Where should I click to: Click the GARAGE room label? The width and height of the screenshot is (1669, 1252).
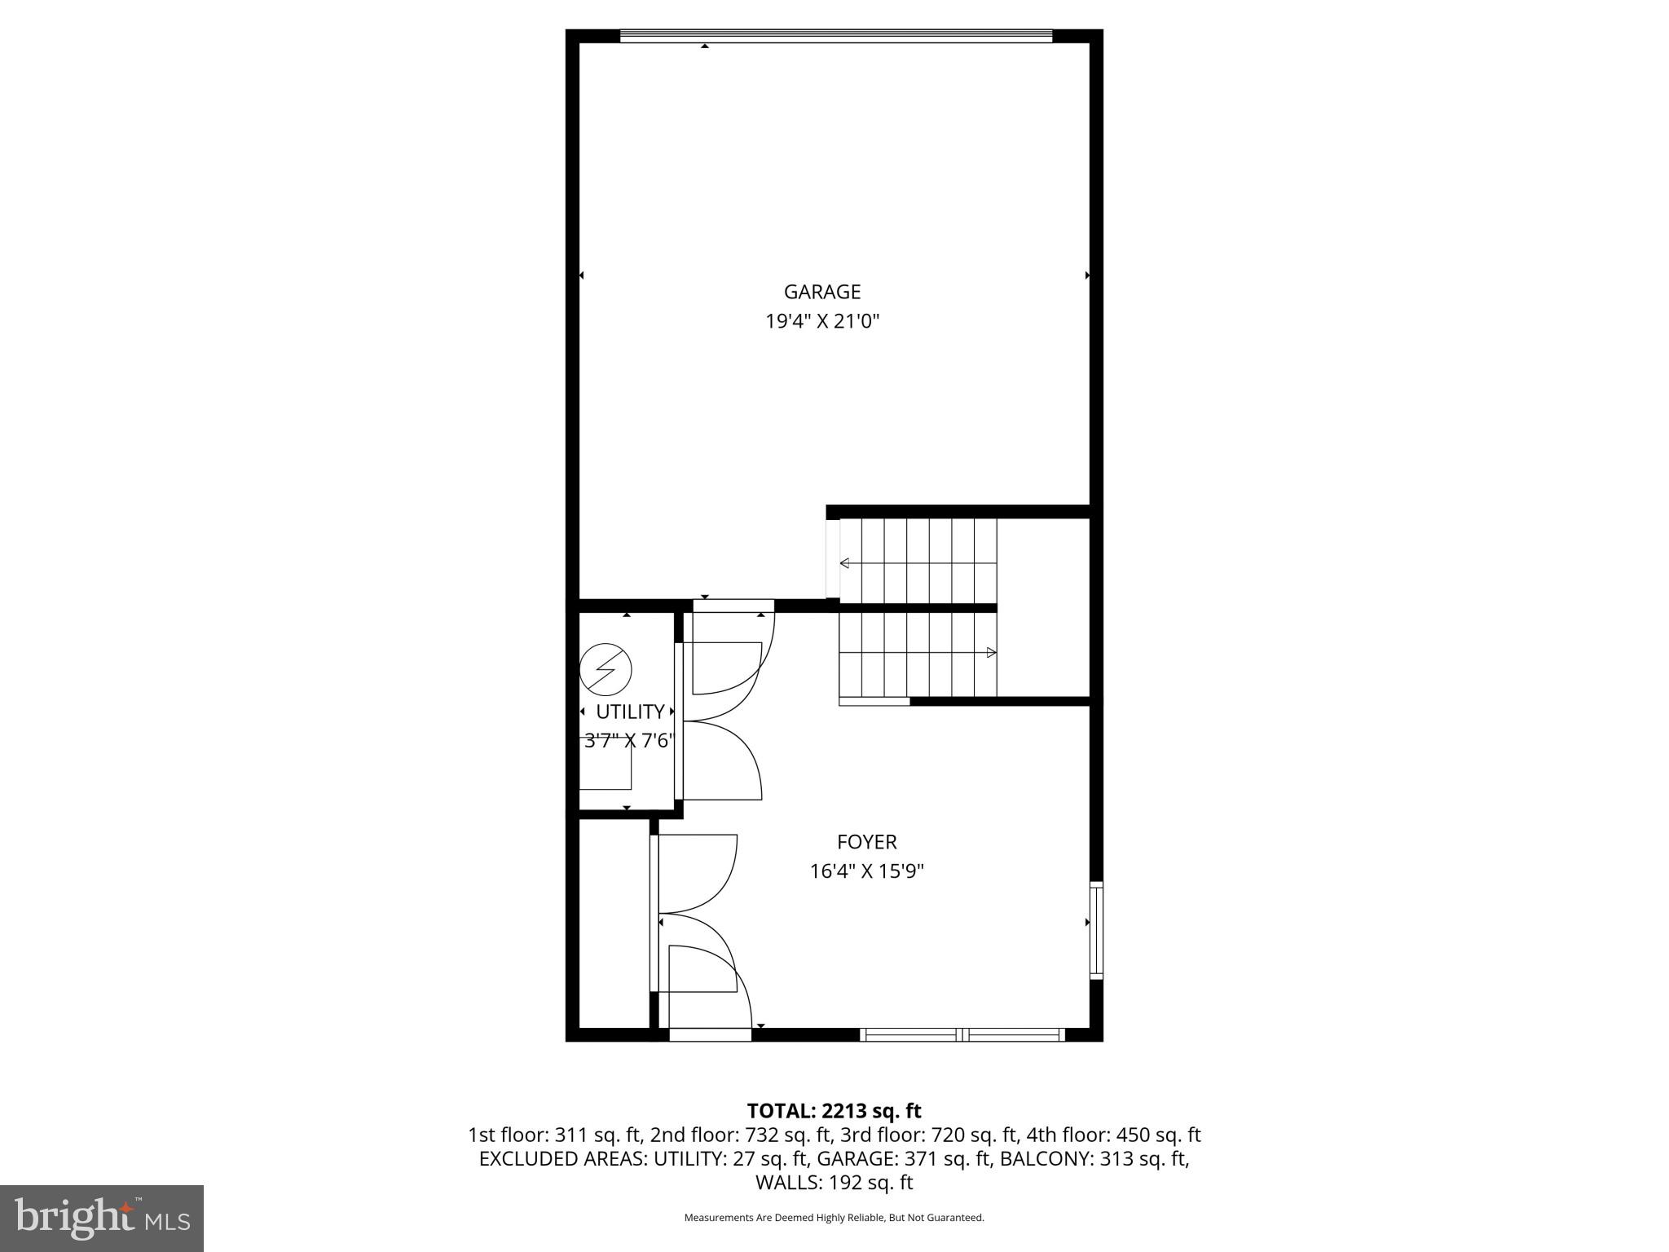click(821, 292)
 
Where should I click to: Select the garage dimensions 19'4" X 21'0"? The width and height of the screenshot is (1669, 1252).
click(821, 321)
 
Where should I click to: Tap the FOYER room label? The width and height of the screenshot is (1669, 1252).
click(866, 842)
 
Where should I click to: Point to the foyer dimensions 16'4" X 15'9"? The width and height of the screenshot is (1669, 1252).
click(866, 871)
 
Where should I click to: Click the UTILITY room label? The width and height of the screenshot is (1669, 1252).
click(630, 712)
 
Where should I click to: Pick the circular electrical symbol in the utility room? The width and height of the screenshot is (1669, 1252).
click(606, 669)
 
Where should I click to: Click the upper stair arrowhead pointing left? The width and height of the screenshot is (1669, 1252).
click(845, 563)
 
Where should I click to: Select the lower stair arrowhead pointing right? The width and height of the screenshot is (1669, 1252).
click(991, 652)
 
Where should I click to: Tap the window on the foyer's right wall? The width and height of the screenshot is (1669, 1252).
click(1096, 929)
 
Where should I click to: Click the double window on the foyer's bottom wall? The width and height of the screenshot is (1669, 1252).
click(962, 1035)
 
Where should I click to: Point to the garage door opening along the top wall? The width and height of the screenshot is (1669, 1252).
click(836, 36)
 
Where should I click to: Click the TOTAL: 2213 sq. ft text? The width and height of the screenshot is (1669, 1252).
click(834, 1111)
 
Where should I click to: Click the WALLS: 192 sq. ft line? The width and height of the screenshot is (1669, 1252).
click(834, 1183)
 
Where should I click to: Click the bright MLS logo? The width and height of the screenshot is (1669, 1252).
click(101, 1218)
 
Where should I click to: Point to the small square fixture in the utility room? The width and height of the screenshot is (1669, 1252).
click(606, 769)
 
